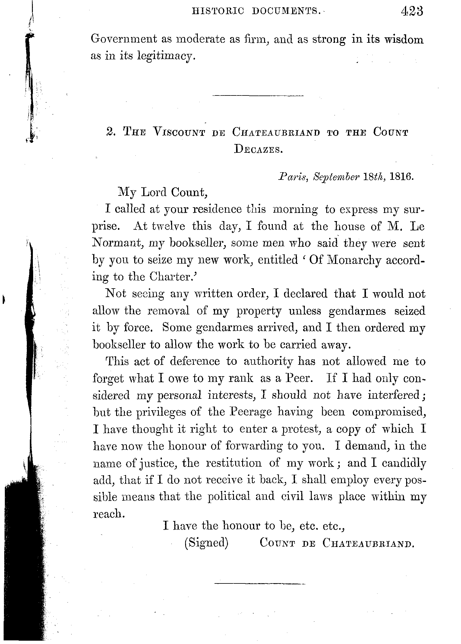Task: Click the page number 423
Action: tap(412, 11)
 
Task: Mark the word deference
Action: tap(194, 361)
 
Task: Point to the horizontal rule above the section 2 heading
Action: tap(258, 96)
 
